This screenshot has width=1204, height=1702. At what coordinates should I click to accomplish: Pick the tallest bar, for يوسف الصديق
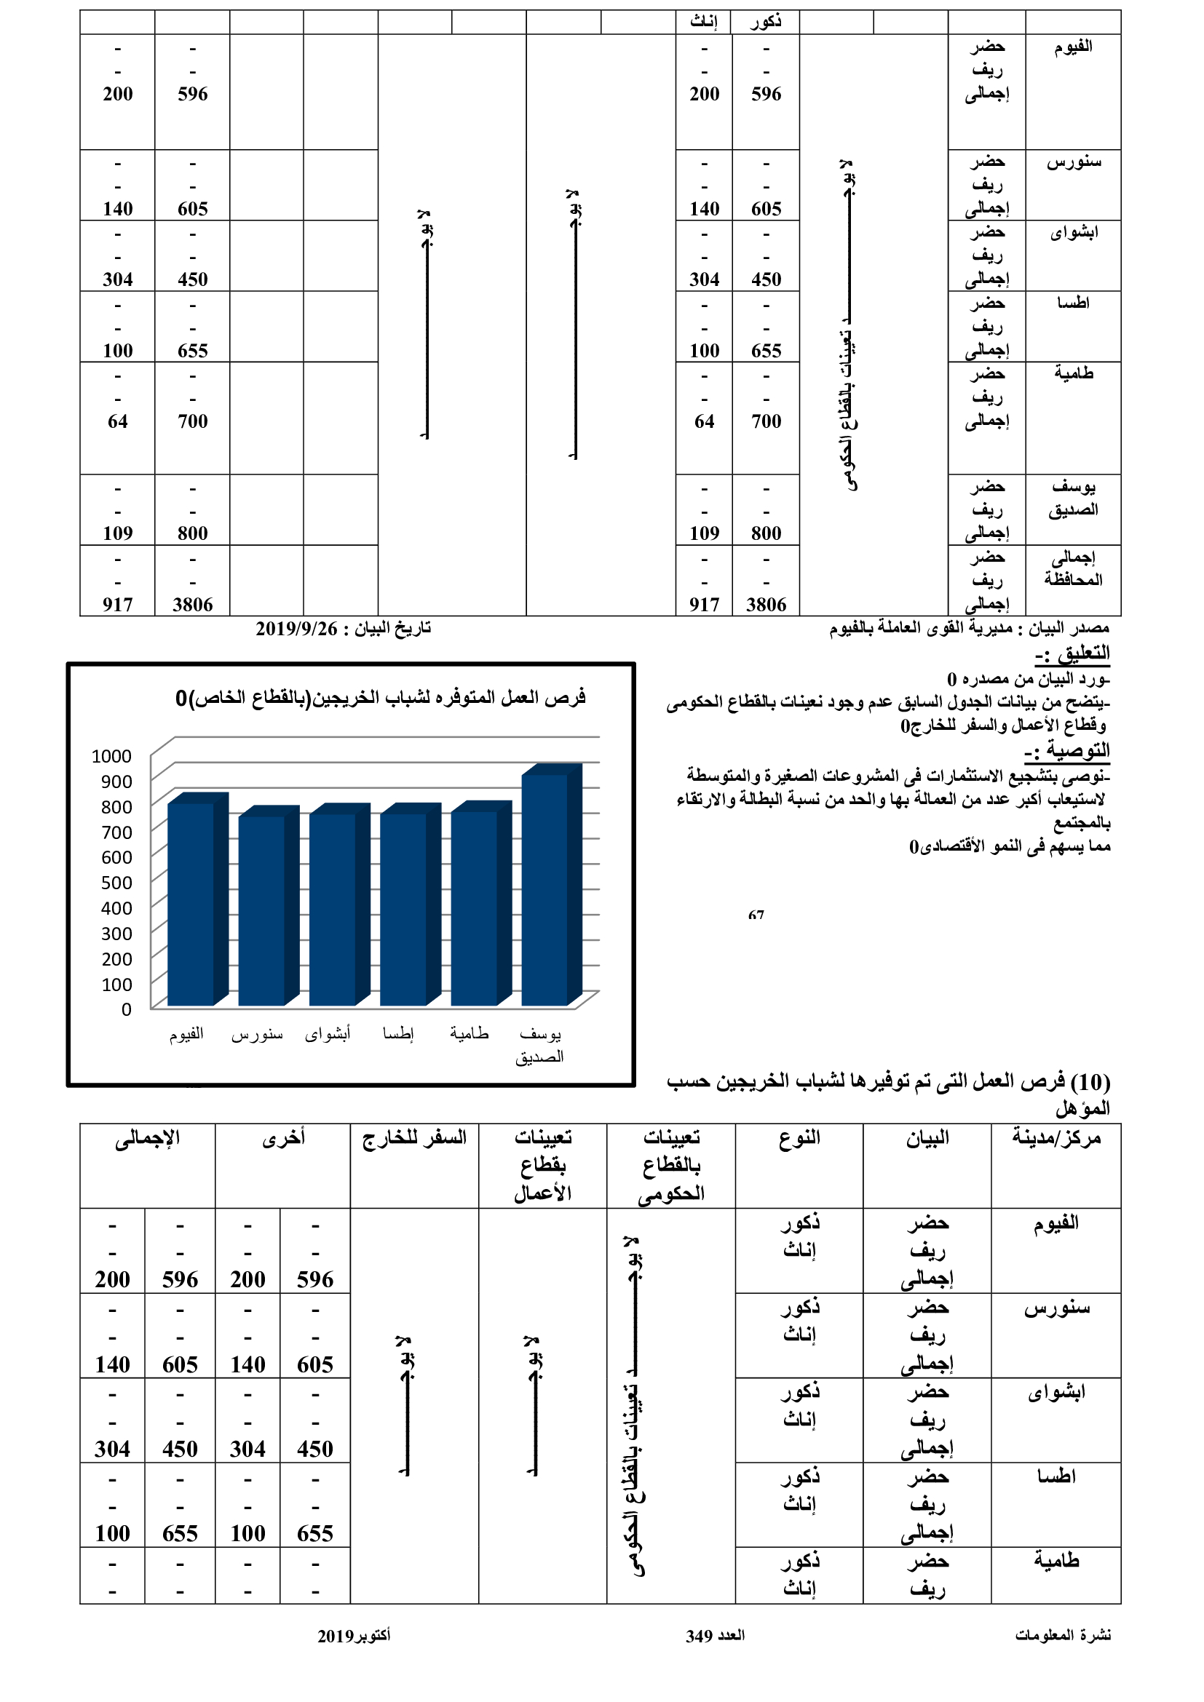pyautogui.click(x=545, y=888)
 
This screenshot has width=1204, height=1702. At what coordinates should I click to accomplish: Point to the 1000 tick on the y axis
pyautogui.click(x=111, y=756)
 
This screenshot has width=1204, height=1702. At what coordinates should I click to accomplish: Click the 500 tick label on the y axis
pyautogui.click(x=116, y=883)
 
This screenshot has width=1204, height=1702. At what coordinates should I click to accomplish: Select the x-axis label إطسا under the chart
pyautogui.click(x=398, y=1033)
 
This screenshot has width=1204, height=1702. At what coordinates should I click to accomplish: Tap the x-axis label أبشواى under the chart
pyautogui.click(x=328, y=1033)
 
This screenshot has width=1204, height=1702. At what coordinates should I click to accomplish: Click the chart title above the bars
pyautogui.click(x=380, y=698)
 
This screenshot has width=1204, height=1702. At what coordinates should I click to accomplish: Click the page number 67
pyautogui.click(x=756, y=916)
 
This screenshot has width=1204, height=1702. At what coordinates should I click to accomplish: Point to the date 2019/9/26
pyautogui.click(x=296, y=629)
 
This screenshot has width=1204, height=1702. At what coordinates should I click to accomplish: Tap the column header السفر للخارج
pyautogui.click(x=414, y=1138)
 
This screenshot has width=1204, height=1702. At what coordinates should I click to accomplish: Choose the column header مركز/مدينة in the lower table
pyautogui.click(x=1056, y=1138)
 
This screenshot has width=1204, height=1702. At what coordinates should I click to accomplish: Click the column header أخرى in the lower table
pyautogui.click(x=283, y=1138)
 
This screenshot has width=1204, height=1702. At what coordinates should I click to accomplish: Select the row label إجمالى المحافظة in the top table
pyautogui.click(x=1073, y=568)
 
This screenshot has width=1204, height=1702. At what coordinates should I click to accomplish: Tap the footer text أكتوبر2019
pyautogui.click(x=354, y=1636)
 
